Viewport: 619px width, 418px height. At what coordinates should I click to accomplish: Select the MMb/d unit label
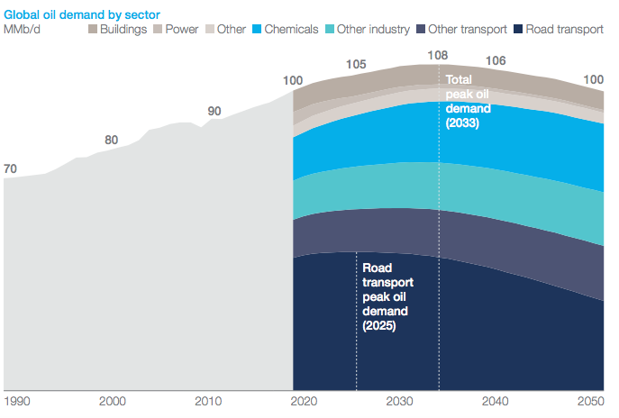(x=23, y=30)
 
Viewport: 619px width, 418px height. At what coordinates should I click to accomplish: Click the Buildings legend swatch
(x=94, y=30)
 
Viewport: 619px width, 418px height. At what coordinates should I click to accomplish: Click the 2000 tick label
(x=112, y=401)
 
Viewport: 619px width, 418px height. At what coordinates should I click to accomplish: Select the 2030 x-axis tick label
(x=400, y=401)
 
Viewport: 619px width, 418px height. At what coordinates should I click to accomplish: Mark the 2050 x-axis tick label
(x=592, y=401)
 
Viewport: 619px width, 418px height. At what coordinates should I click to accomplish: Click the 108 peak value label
(x=437, y=55)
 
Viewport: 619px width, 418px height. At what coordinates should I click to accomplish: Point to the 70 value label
(x=11, y=168)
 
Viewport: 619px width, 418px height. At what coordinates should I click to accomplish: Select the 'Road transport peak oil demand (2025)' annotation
(x=386, y=296)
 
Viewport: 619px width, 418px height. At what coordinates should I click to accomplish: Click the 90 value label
(x=214, y=111)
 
